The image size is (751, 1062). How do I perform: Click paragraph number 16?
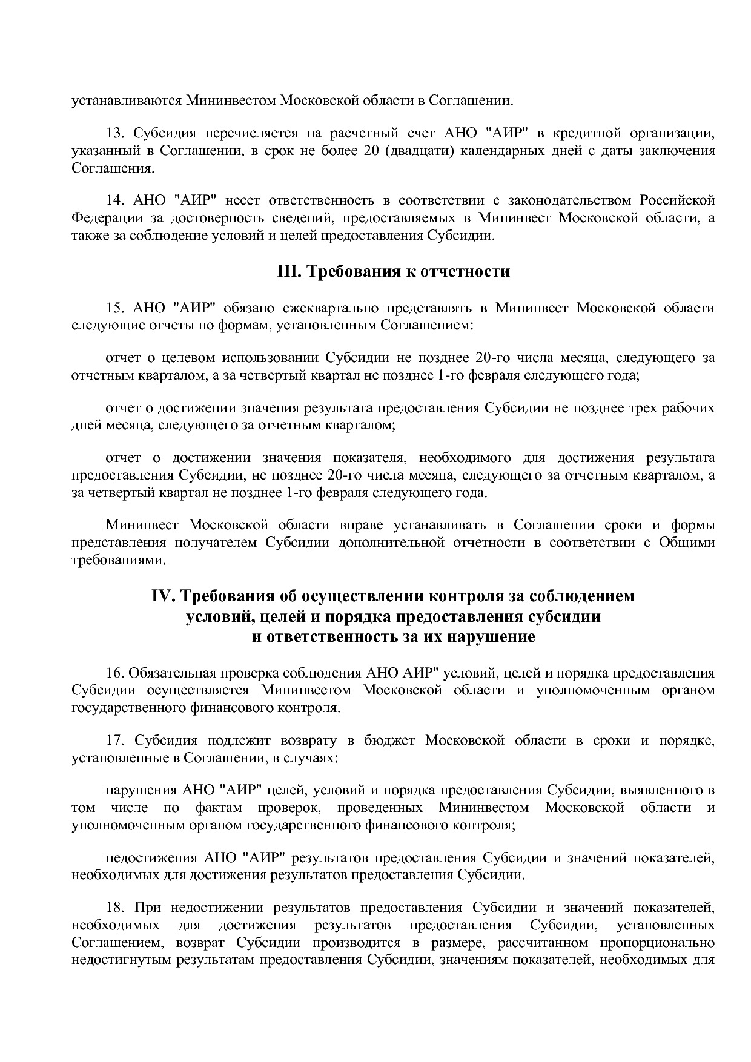[115, 673]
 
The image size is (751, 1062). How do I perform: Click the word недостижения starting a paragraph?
[151, 858]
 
